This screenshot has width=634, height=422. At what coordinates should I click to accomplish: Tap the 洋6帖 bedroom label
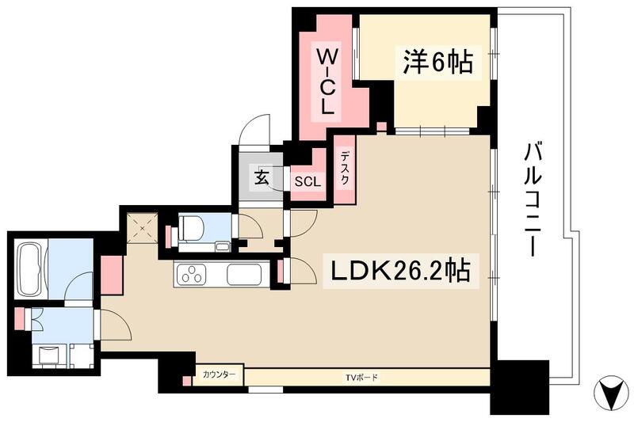[437, 62]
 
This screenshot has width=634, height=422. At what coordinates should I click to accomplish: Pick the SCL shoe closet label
[307, 181]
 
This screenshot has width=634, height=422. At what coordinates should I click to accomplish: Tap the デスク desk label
[345, 169]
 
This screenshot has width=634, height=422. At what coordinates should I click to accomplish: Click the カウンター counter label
[219, 374]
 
